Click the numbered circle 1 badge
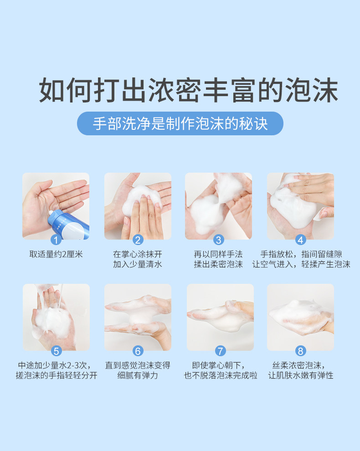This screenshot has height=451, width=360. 56,240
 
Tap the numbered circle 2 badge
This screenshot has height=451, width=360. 138,240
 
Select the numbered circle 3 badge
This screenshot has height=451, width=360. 219,240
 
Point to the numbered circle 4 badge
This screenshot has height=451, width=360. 301,240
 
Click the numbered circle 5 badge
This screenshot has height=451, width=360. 57,351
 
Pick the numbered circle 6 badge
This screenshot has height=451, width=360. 138,351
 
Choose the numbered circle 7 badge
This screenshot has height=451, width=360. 221,351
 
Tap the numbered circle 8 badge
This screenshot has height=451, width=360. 301,351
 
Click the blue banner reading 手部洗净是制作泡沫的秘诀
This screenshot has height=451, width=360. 180,123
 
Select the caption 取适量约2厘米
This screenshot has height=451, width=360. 56,254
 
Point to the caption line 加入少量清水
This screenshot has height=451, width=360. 138,264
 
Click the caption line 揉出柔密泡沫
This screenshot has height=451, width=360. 218,264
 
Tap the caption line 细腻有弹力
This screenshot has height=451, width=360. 138,375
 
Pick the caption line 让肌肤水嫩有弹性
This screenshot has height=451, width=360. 301,375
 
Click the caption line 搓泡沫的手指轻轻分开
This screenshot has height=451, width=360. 57,375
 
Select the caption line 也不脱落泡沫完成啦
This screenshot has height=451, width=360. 221,375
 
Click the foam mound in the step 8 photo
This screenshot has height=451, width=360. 301,317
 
